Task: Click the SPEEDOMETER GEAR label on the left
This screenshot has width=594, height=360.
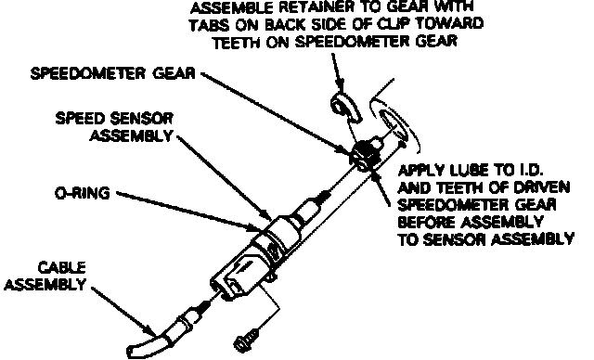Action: click(113, 73)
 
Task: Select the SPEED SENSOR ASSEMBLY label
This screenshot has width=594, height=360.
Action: click(114, 127)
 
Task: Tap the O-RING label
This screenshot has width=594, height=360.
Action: click(83, 193)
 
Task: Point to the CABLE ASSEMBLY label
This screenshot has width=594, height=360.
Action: click(45, 276)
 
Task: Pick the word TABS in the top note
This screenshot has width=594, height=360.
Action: click(210, 25)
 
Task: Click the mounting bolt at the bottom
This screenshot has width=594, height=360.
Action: click(247, 340)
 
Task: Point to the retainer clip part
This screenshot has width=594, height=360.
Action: click(345, 107)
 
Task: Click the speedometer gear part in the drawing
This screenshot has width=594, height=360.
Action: click(366, 153)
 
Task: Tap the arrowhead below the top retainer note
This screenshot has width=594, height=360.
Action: click(341, 86)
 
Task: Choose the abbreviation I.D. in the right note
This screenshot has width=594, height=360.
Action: click(531, 171)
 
